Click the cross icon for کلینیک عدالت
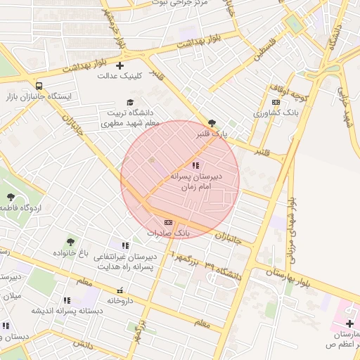tap(120, 65)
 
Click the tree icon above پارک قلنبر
tap(212, 122)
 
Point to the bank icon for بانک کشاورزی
tap(276, 102)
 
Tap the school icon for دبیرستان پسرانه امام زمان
tap(195, 165)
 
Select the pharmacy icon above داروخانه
tap(120, 290)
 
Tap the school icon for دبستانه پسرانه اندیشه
tap(67, 300)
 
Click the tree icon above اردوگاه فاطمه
tap(11, 198)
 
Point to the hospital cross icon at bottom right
tap(349, 323)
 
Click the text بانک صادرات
tap(169, 232)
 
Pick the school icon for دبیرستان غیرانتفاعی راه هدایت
tap(125, 245)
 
